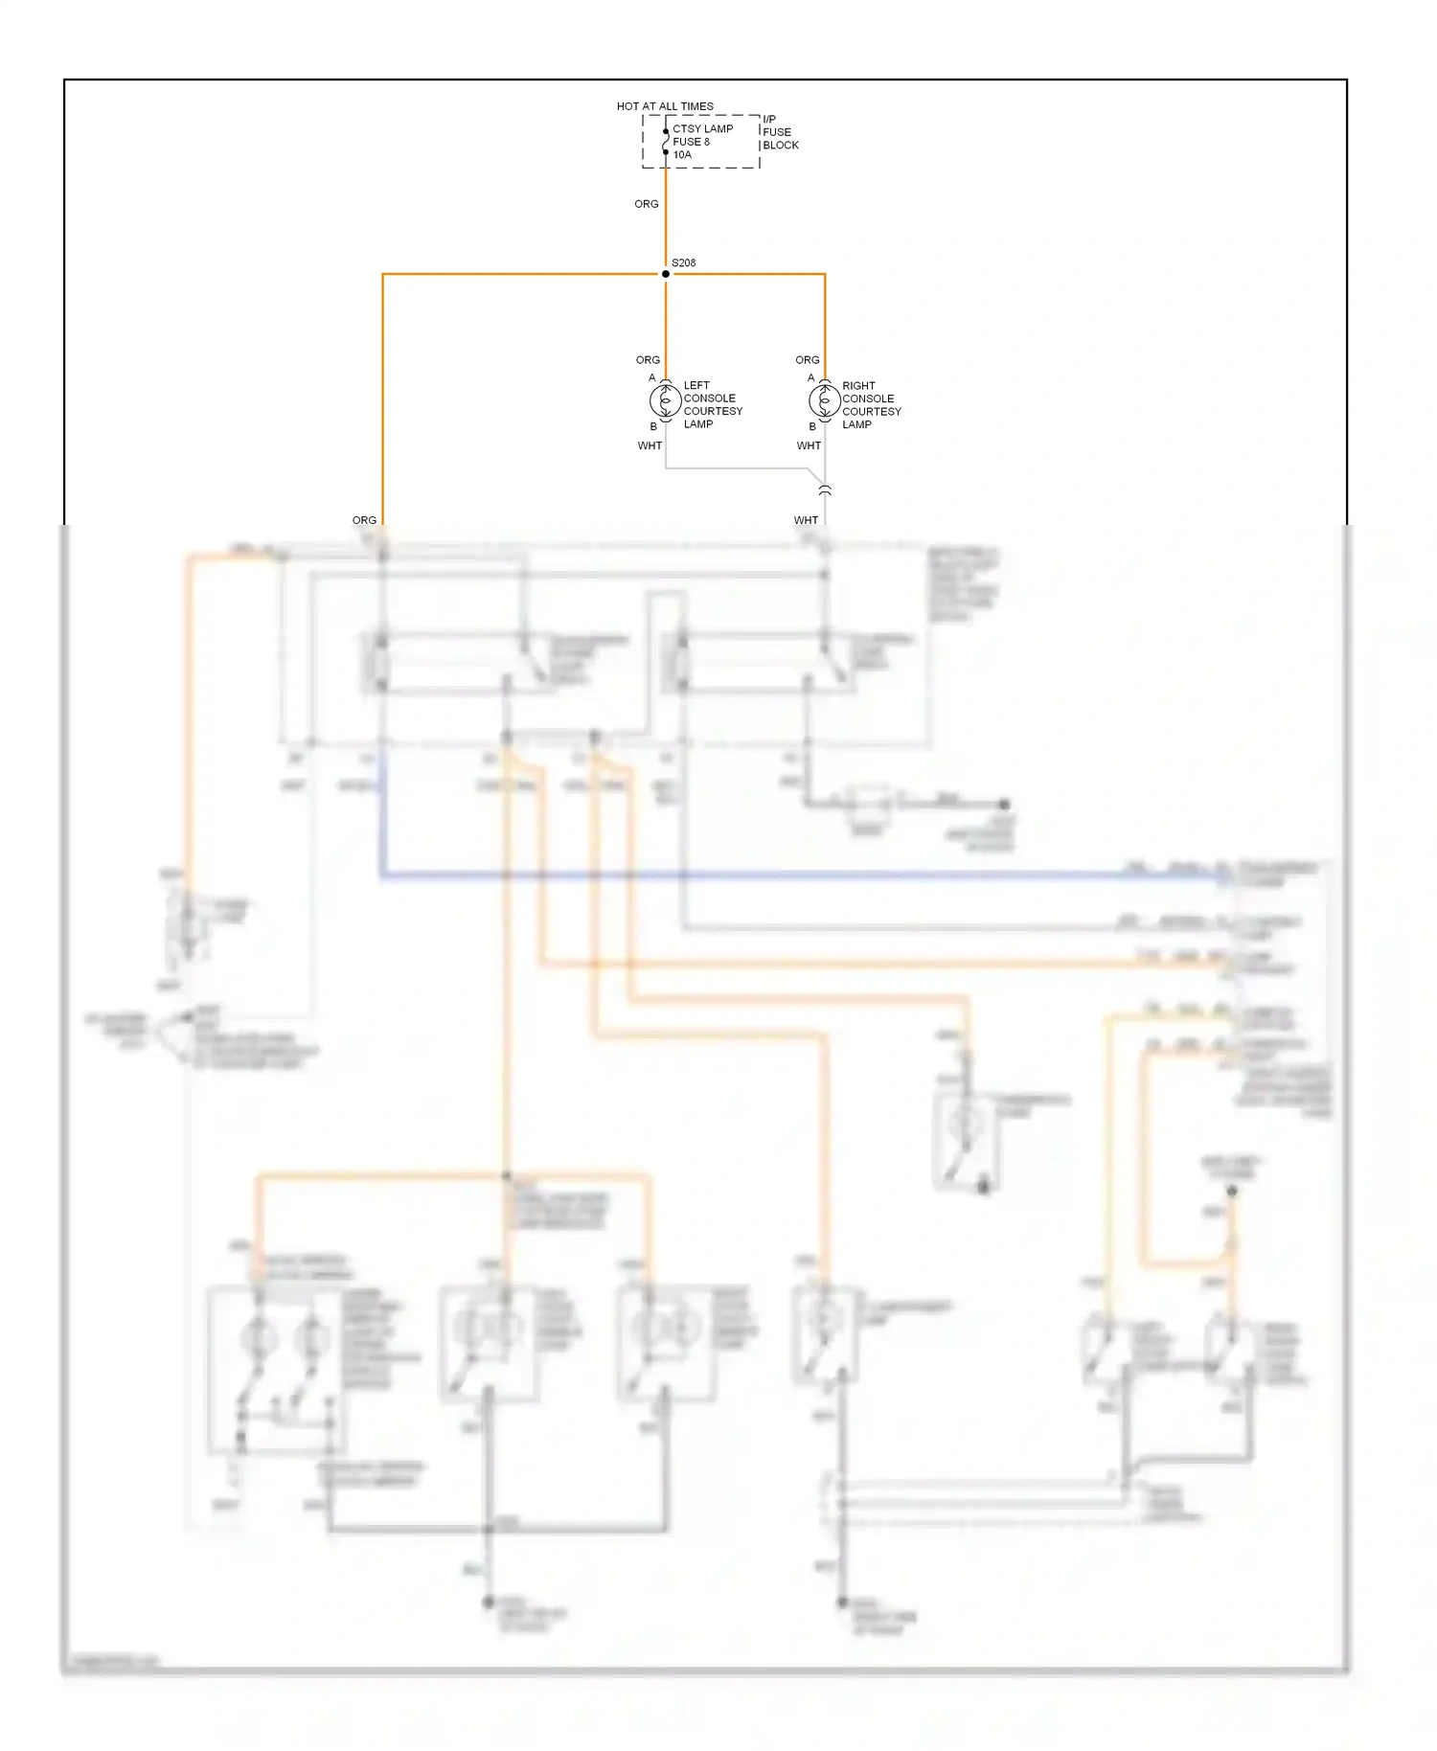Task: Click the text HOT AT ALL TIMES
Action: [x=665, y=106]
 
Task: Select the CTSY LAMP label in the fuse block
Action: [x=702, y=128]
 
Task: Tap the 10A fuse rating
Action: [x=682, y=154]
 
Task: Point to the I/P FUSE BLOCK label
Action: [x=780, y=132]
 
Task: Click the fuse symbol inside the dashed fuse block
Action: [x=666, y=142]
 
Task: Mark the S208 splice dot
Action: [x=666, y=274]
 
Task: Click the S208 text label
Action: [x=684, y=262]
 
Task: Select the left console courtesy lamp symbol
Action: [x=666, y=400]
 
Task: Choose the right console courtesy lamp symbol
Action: [x=825, y=400]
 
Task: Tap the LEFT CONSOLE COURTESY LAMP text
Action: [x=713, y=404]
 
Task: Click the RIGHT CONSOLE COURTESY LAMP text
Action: [x=871, y=404]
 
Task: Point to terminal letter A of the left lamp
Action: [x=652, y=377]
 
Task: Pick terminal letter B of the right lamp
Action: [x=812, y=426]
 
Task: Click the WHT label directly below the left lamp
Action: [x=650, y=445]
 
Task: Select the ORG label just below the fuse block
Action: [x=647, y=204]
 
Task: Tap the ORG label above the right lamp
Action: [x=808, y=360]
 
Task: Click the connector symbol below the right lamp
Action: [x=825, y=490]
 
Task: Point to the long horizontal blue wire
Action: [x=766, y=875]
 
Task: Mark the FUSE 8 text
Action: [x=691, y=142]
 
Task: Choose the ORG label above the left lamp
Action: [x=648, y=360]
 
